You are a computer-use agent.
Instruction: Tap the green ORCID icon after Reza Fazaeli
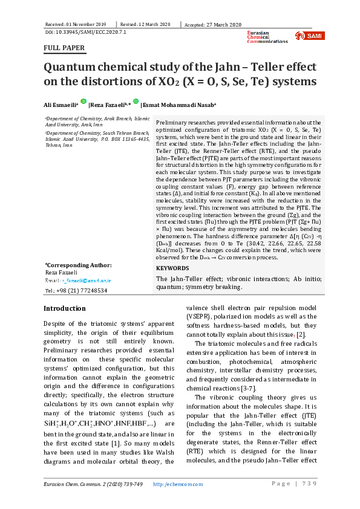[137, 102]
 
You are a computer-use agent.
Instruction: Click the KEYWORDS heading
[173, 268]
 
